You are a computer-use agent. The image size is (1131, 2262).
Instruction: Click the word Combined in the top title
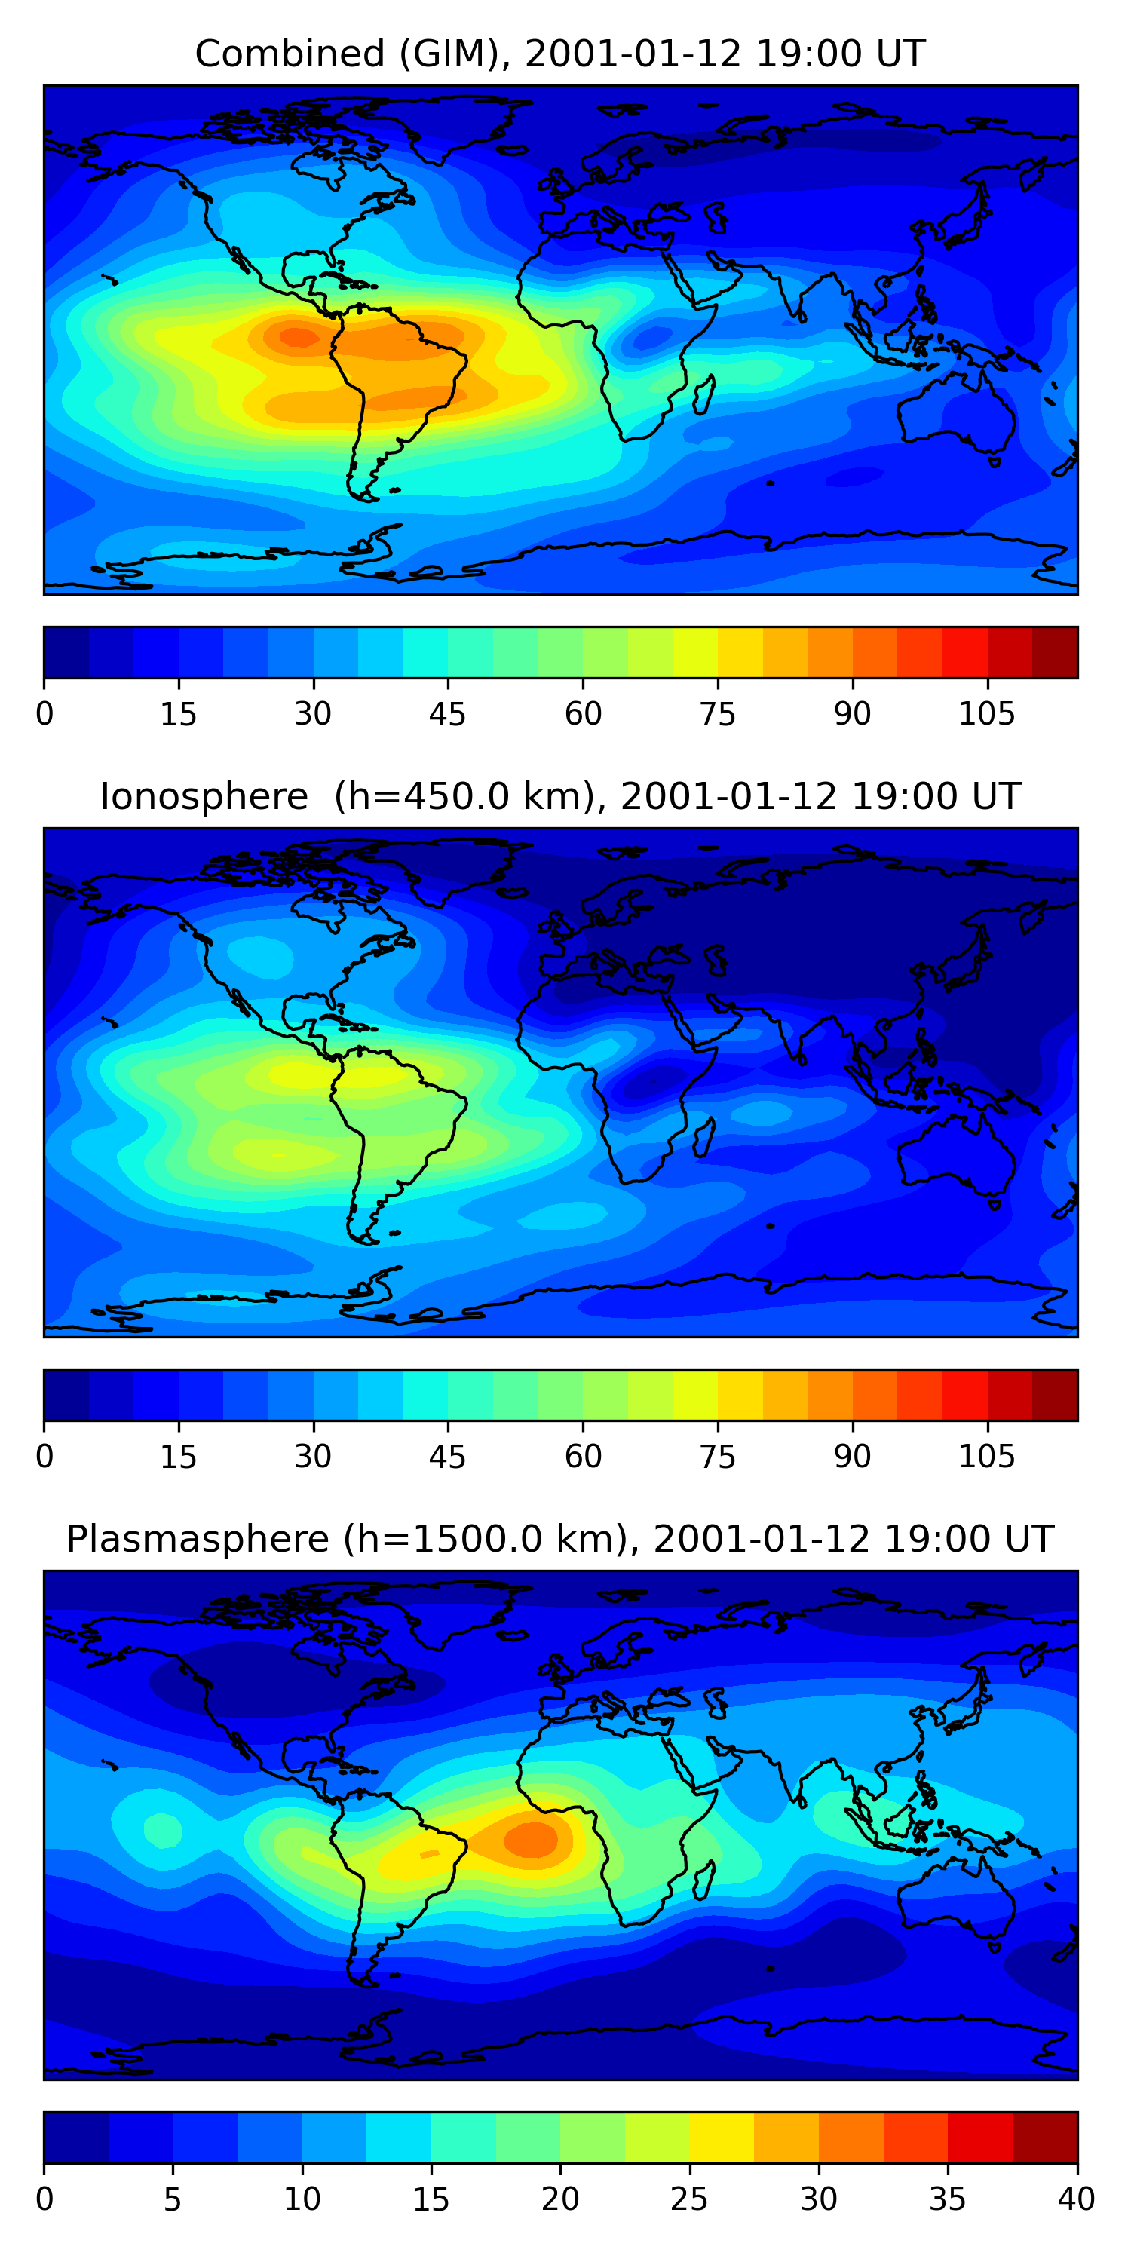pos(289,54)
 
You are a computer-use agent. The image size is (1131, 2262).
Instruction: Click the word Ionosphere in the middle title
pos(204,796)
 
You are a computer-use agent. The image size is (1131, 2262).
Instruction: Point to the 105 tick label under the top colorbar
pos(986,714)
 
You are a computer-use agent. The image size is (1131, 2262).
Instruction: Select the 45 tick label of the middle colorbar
pos(447,1456)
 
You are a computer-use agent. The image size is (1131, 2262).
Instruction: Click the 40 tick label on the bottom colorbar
pos(1076,2199)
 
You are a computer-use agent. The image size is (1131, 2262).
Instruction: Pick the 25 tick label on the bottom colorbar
pos(688,2199)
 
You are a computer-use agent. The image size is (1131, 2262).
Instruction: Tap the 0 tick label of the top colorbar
pos(44,714)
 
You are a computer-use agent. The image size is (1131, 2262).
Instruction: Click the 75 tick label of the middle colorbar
pos(716,1456)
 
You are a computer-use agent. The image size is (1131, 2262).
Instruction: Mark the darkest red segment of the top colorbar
pos(1055,652)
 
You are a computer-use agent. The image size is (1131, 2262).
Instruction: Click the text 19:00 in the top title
pos(795,54)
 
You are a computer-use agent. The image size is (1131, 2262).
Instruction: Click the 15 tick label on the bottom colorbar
pos(431,2199)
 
